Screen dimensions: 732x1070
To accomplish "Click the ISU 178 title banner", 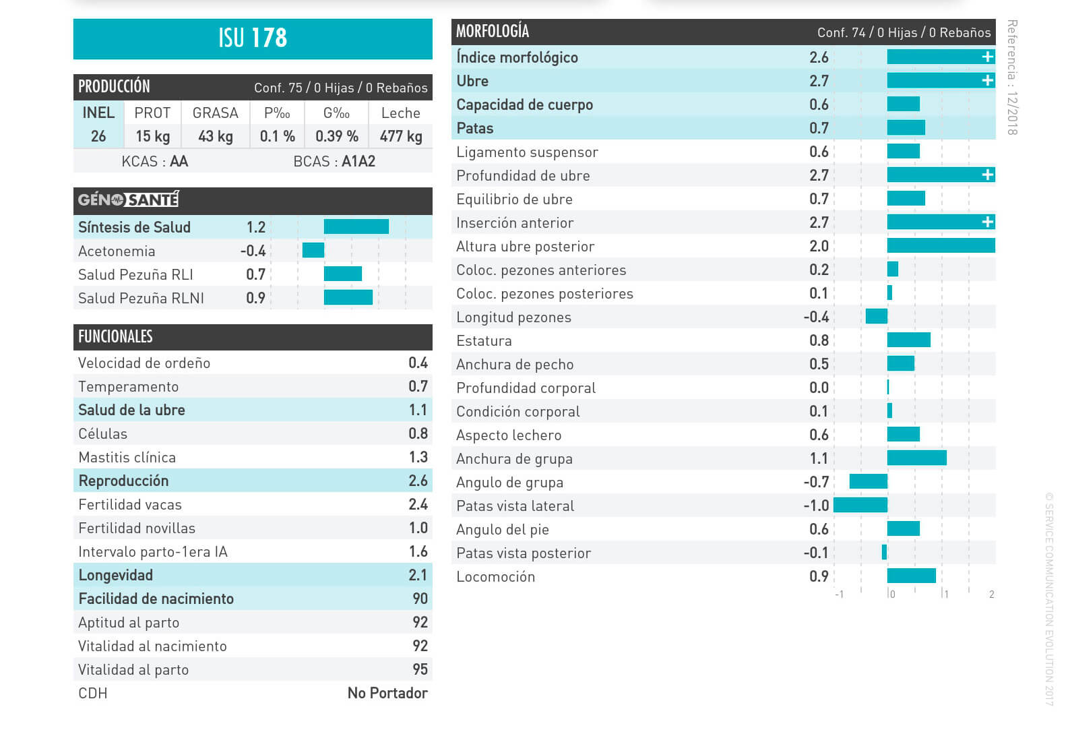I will tap(253, 38).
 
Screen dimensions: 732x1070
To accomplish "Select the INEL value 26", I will tap(98, 136).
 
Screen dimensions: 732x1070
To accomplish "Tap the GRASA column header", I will tap(216, 113).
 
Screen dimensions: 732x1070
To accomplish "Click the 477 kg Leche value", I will tap(401, 136).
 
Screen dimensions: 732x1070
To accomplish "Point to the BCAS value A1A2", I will tap(358, 162).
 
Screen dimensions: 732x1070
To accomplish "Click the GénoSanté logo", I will tap(128, 200).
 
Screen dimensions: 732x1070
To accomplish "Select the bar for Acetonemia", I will tap(313, 251).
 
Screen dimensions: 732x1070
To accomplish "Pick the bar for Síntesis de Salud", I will tap(356, 227).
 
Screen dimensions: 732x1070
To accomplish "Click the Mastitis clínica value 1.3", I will tap(418, 457).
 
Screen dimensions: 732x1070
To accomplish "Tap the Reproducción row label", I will tap(123, 481).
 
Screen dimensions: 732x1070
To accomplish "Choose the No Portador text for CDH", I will tap(387, 693).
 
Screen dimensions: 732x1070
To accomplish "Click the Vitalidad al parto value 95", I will tap(420, 669).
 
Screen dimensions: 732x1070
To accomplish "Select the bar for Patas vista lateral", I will tap(860, 505).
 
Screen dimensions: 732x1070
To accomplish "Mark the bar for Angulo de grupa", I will tap(869, 481).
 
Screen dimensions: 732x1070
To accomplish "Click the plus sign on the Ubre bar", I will tap(988, 81).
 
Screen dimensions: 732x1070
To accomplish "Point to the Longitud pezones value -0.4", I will tap(816, 317).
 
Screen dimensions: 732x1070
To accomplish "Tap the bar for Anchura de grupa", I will tap(917, 458).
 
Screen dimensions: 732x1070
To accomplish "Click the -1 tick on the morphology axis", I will tap(839, 594).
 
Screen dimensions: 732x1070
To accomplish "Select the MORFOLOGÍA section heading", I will tap(493, 32).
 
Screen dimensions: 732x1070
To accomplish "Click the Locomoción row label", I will tap(496, 577).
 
